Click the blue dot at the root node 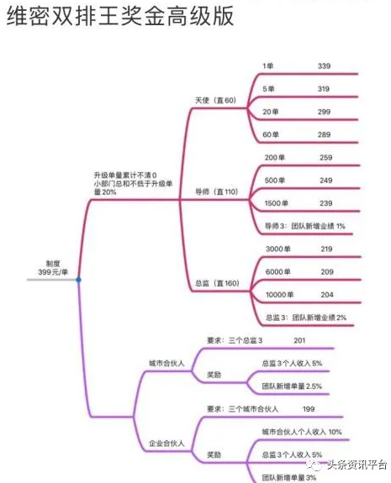pos(79,280)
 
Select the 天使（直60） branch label pos(215,100)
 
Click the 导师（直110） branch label pos(216,192)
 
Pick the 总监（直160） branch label pos(217,283)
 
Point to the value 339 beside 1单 pos(324,66)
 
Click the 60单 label pos(271,134)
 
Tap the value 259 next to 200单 pos(326,157)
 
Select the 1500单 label pos(277,203)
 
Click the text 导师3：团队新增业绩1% pos(305,226)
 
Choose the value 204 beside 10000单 pos(327,295)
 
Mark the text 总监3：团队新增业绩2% pos(306,318)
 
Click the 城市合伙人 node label pos(166,363)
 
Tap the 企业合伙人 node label pos(166,444)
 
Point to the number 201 pos(299,340)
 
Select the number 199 pos(309,409)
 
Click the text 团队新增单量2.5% pos(292,386)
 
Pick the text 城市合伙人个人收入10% pos(302,432)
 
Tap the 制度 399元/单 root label pos(53,268)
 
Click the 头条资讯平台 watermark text pos(357,465)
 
